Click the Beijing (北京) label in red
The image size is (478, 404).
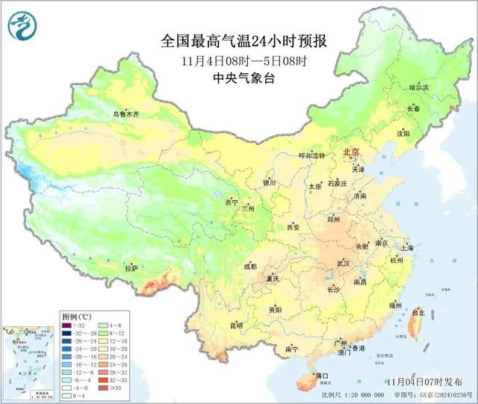point(350,152)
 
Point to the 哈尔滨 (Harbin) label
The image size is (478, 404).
point(420,87)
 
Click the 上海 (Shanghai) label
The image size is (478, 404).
point(407,247)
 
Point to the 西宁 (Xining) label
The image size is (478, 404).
point(232,202)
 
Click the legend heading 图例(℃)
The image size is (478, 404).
point(77,316)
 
